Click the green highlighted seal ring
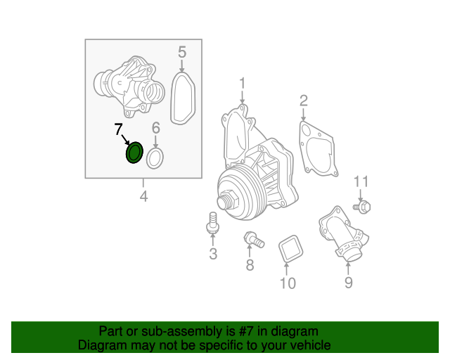(x=134, y=153)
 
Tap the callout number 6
(x=156, y=128)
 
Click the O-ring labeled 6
(x=156, y=158)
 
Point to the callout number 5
(x=181, y=52)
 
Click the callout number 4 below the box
(x=143, y=197)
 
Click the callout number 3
(x=213, y=254)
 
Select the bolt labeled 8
(x=252, y=240)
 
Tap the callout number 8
(x=250, y=265)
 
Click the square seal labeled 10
(x=288, y=250)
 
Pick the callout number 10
(x=288, y=283)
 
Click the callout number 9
(x=348, y=283)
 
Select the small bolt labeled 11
(x=362, y=207)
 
